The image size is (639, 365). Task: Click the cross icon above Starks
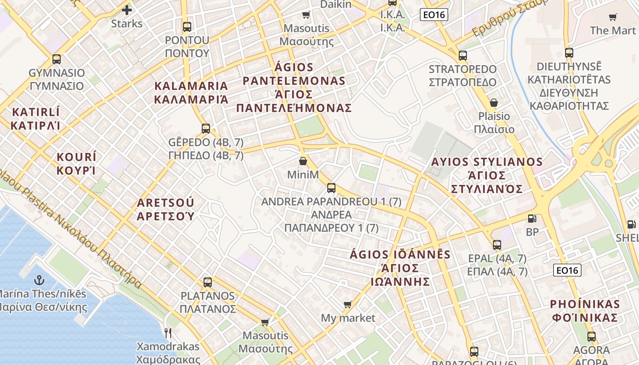127,10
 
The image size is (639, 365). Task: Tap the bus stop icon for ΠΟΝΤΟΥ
187,26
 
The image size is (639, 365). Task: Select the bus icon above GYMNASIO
57,59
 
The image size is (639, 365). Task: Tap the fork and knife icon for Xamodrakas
168,333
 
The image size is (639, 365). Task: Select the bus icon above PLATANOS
208,282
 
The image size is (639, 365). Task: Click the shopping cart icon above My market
348,304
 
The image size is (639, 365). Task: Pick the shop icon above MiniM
303,162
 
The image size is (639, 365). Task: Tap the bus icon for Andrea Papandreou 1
331,188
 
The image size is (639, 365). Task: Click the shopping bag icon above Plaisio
493,103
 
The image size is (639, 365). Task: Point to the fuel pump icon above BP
532,219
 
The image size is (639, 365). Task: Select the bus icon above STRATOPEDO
462,56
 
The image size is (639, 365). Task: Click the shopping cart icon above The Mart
613,17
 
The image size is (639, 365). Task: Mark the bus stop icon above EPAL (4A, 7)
497,245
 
